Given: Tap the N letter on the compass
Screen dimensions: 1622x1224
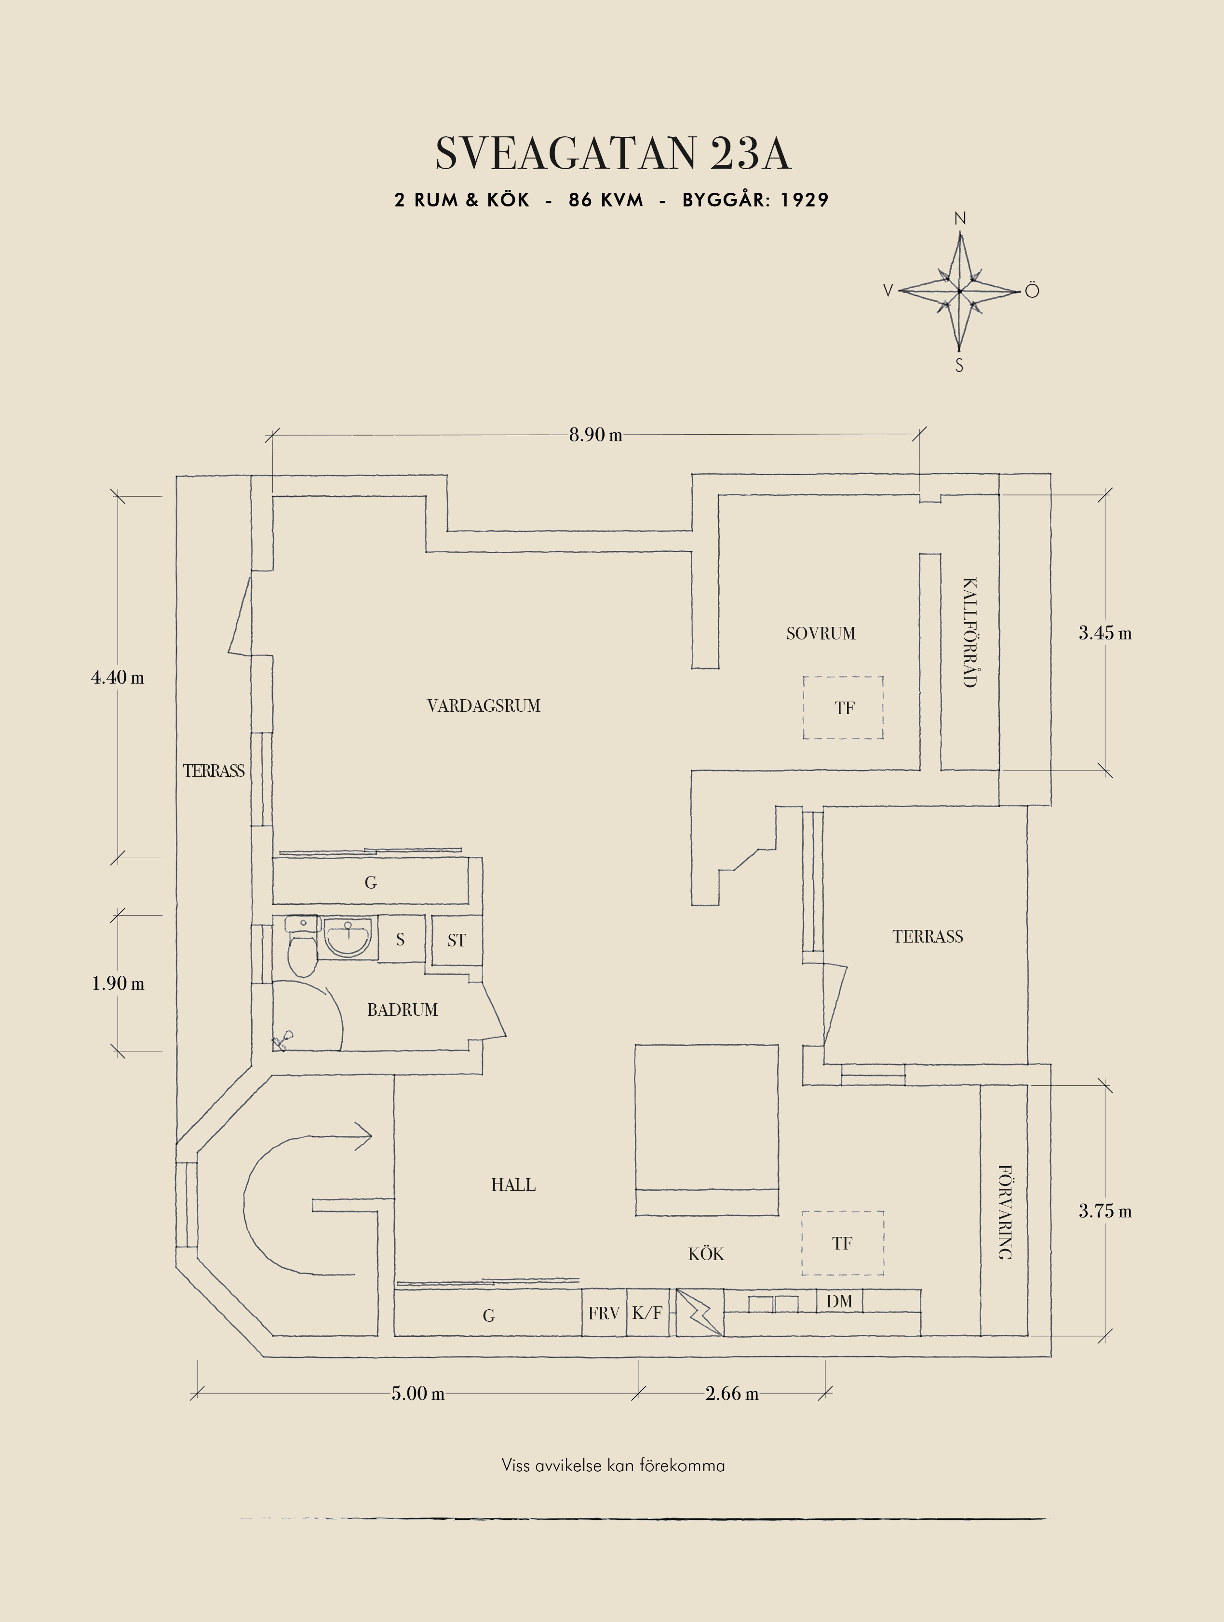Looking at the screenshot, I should pyautogui.click(x=960, y=218).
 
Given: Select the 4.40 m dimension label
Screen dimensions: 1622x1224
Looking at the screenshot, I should pyautogui.click(x=117, y=678).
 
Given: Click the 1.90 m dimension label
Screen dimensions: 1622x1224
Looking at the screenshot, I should pyautogui.click(x=117, y=984).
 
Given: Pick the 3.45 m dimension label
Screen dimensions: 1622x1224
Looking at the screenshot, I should pyautogui.click(x=1104, y=633).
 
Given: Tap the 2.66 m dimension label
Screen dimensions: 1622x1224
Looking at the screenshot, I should pyautogui.click(x=731, y=1393).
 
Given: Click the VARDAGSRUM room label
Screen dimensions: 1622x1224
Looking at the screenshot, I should pyautogui.click(x=484, y=706).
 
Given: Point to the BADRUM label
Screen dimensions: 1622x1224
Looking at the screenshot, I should pyautogui.click(x=402, y=1010).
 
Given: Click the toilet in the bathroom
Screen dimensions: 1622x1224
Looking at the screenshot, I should pyautogui.click(x=301, y=950).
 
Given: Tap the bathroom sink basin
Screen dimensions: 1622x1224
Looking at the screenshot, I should pyautogui.click(x=348, y=937).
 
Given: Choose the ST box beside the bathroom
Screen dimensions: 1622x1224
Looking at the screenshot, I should pyautogui.click(x=456, y=941).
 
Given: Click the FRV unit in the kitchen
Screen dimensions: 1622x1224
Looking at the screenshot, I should pyautogui.click(x=604, y=1313).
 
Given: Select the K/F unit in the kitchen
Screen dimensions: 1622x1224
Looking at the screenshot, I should pyautogui.click(x=647, y=1313).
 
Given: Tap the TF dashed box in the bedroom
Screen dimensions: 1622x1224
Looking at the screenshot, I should pyautogui.click(x=843, y=707).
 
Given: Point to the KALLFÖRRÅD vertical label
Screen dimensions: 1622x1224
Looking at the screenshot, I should pyautogui.click(x=969, y=632).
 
